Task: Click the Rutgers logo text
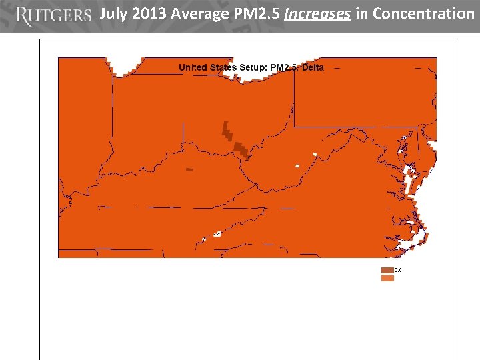pyautogui.click(x=53, y=15)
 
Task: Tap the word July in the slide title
pyautogui.click(x=114, y=13)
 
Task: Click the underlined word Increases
pyautogui.click(x=317, y=13)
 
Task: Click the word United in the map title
pyautogui.click(x=193, y=67)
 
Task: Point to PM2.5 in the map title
pyautogui.click(x=283, y=67)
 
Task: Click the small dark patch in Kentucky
pyautogui.click(x=189, y=169)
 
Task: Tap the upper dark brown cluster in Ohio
pyautogui.click(x=227, y=131)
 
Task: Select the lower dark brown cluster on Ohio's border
pyautogui.click(x=242, y=150)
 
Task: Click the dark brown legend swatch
pyautogui.click(x=387, y=270)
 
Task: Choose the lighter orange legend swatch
pyautogui.click(x=387, y=278)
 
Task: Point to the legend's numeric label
pyautogui.click(x=398, y=270)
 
